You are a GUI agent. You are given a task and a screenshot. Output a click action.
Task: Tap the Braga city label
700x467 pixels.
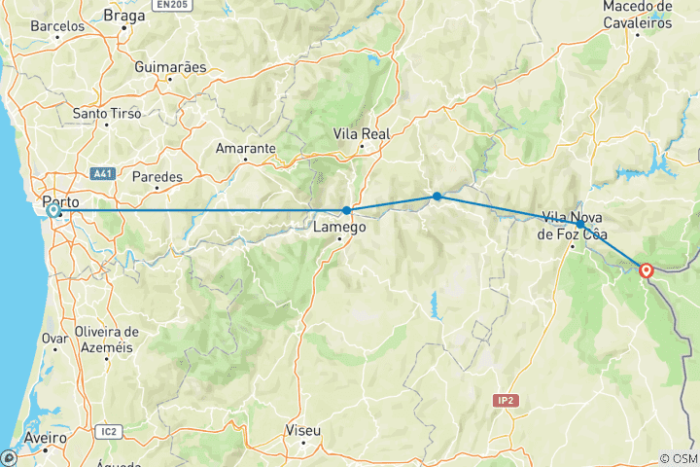point(123,16)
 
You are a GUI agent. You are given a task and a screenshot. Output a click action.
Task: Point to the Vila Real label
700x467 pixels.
point(361,132)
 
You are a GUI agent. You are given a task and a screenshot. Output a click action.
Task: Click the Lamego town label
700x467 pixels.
point(340,227)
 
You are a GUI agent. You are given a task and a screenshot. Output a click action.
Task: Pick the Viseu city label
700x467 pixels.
point(302,429)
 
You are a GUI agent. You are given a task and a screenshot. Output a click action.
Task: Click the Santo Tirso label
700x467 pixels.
point(106,114)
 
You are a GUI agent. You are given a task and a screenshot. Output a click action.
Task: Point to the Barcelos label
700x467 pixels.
point(57,26)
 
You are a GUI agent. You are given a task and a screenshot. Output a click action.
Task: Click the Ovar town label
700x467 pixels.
point(54,339)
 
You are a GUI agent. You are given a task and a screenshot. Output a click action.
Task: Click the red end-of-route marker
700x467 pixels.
point(646,270)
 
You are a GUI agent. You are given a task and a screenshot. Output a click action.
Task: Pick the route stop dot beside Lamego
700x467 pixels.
point(346,210)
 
